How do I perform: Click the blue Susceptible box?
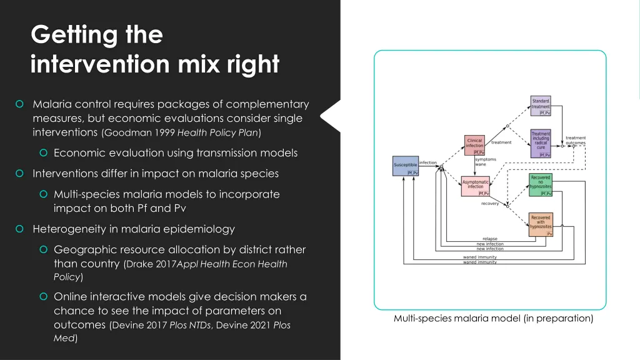tap(406, 167)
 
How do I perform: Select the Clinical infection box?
tap(474, 144)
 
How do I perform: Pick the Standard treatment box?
tap(541, 106)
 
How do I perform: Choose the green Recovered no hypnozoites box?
tap(541, 185)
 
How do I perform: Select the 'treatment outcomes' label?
tap(576, 141)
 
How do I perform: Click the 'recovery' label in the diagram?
tap(490, 203)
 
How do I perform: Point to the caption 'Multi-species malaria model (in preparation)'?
tap(493, 319)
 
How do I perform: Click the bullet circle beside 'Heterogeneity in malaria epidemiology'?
tap(20, 229)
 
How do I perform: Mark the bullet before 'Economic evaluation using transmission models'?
tap(44, 153)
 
